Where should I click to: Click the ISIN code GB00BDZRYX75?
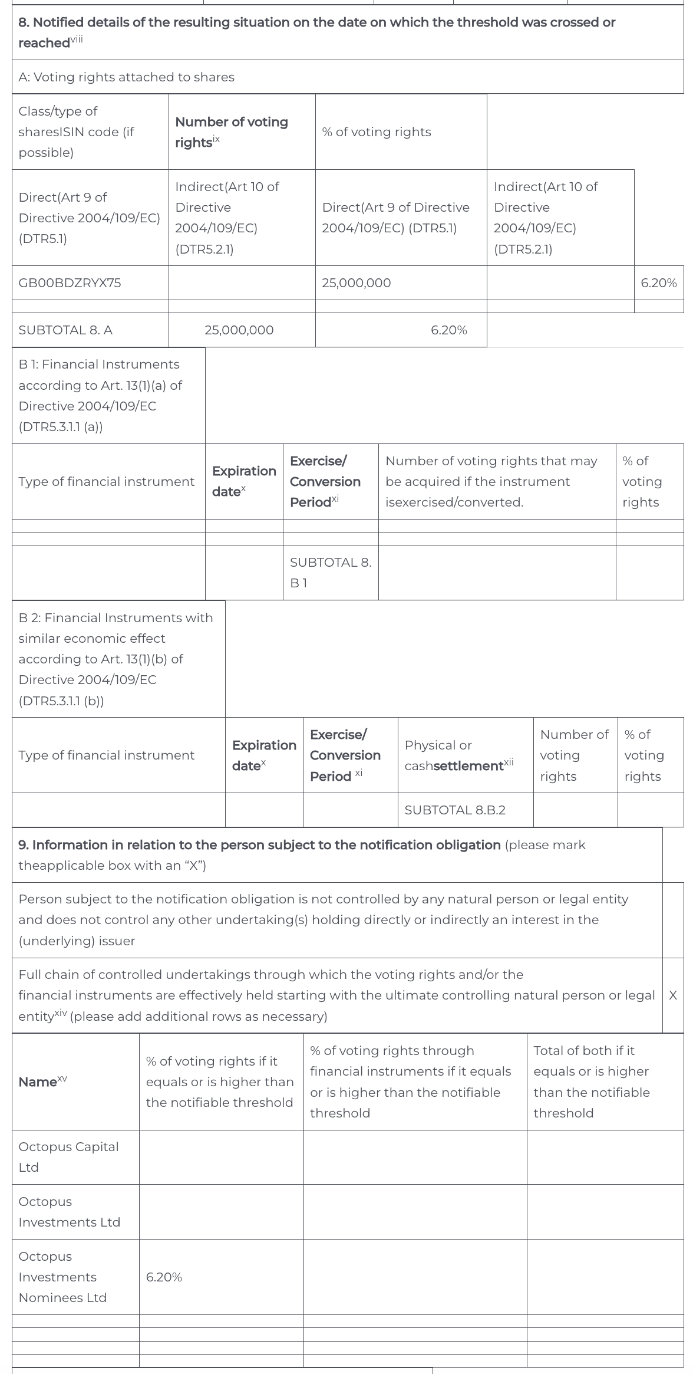point(70,283)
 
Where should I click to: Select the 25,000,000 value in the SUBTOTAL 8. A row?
point(239,330)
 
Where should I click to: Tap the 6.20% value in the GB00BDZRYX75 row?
point(658,283)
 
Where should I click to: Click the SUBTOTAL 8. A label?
point(65,330)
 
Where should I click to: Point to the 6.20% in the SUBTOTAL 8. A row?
point(448,330)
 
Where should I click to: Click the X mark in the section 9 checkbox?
point(672,995)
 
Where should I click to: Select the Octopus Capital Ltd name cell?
point(68,1157)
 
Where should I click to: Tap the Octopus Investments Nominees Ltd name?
point(62,1277)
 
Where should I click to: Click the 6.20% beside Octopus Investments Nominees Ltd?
point(164,1277)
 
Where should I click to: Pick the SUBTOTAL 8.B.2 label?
point(455,810)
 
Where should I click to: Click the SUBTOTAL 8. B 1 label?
point(330,573)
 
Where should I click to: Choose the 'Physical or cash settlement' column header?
point(458,755)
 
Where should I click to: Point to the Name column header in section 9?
point(42,1082)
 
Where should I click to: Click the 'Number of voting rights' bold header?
point(231,132)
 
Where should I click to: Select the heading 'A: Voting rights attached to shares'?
point(126,77)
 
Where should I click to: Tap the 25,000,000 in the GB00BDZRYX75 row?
point(356,283)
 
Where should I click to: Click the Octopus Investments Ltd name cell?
point(69,1212)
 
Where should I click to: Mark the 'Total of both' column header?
point(591,1082)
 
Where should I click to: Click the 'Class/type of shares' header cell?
point(76,132)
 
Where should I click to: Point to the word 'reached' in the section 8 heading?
point(44,43)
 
